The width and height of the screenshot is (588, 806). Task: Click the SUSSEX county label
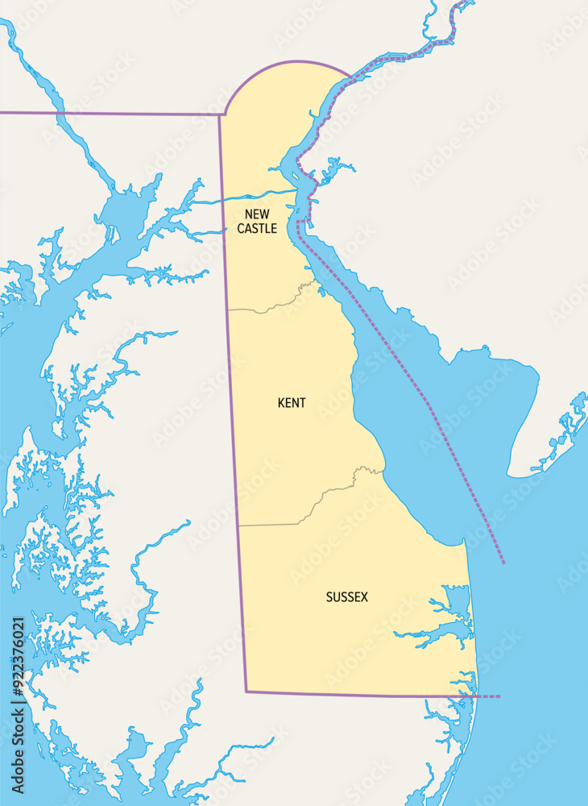coord(346,597)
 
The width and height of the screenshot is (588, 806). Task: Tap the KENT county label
coord(292,403)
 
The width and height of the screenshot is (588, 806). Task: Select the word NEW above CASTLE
coord(257,214)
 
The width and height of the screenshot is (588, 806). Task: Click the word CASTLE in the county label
coord(257,229)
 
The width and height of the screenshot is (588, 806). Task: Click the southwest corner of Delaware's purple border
coord(246,691)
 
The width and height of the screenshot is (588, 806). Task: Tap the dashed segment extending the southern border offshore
coord(488,696)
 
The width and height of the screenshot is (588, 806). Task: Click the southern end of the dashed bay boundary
coord(503,562)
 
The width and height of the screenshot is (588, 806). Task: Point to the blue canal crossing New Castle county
coord(258,194)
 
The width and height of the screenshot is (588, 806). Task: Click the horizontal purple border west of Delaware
coord(113,114)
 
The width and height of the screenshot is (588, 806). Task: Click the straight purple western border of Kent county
coord(234,403)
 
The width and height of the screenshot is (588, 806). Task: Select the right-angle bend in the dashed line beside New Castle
coord(298,221)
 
